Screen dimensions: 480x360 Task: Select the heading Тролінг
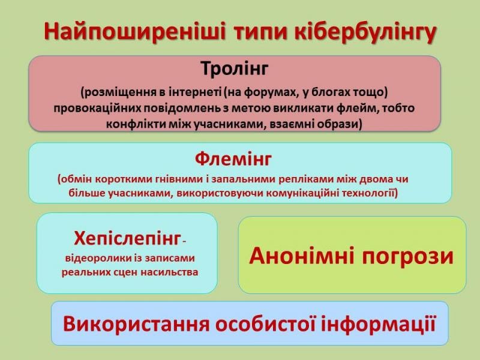(x=235, y=69)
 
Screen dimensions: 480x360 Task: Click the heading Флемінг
(x=233, y=160)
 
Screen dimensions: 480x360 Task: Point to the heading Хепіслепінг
(x=128, y=239)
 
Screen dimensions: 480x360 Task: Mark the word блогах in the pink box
(x=330, y=92)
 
